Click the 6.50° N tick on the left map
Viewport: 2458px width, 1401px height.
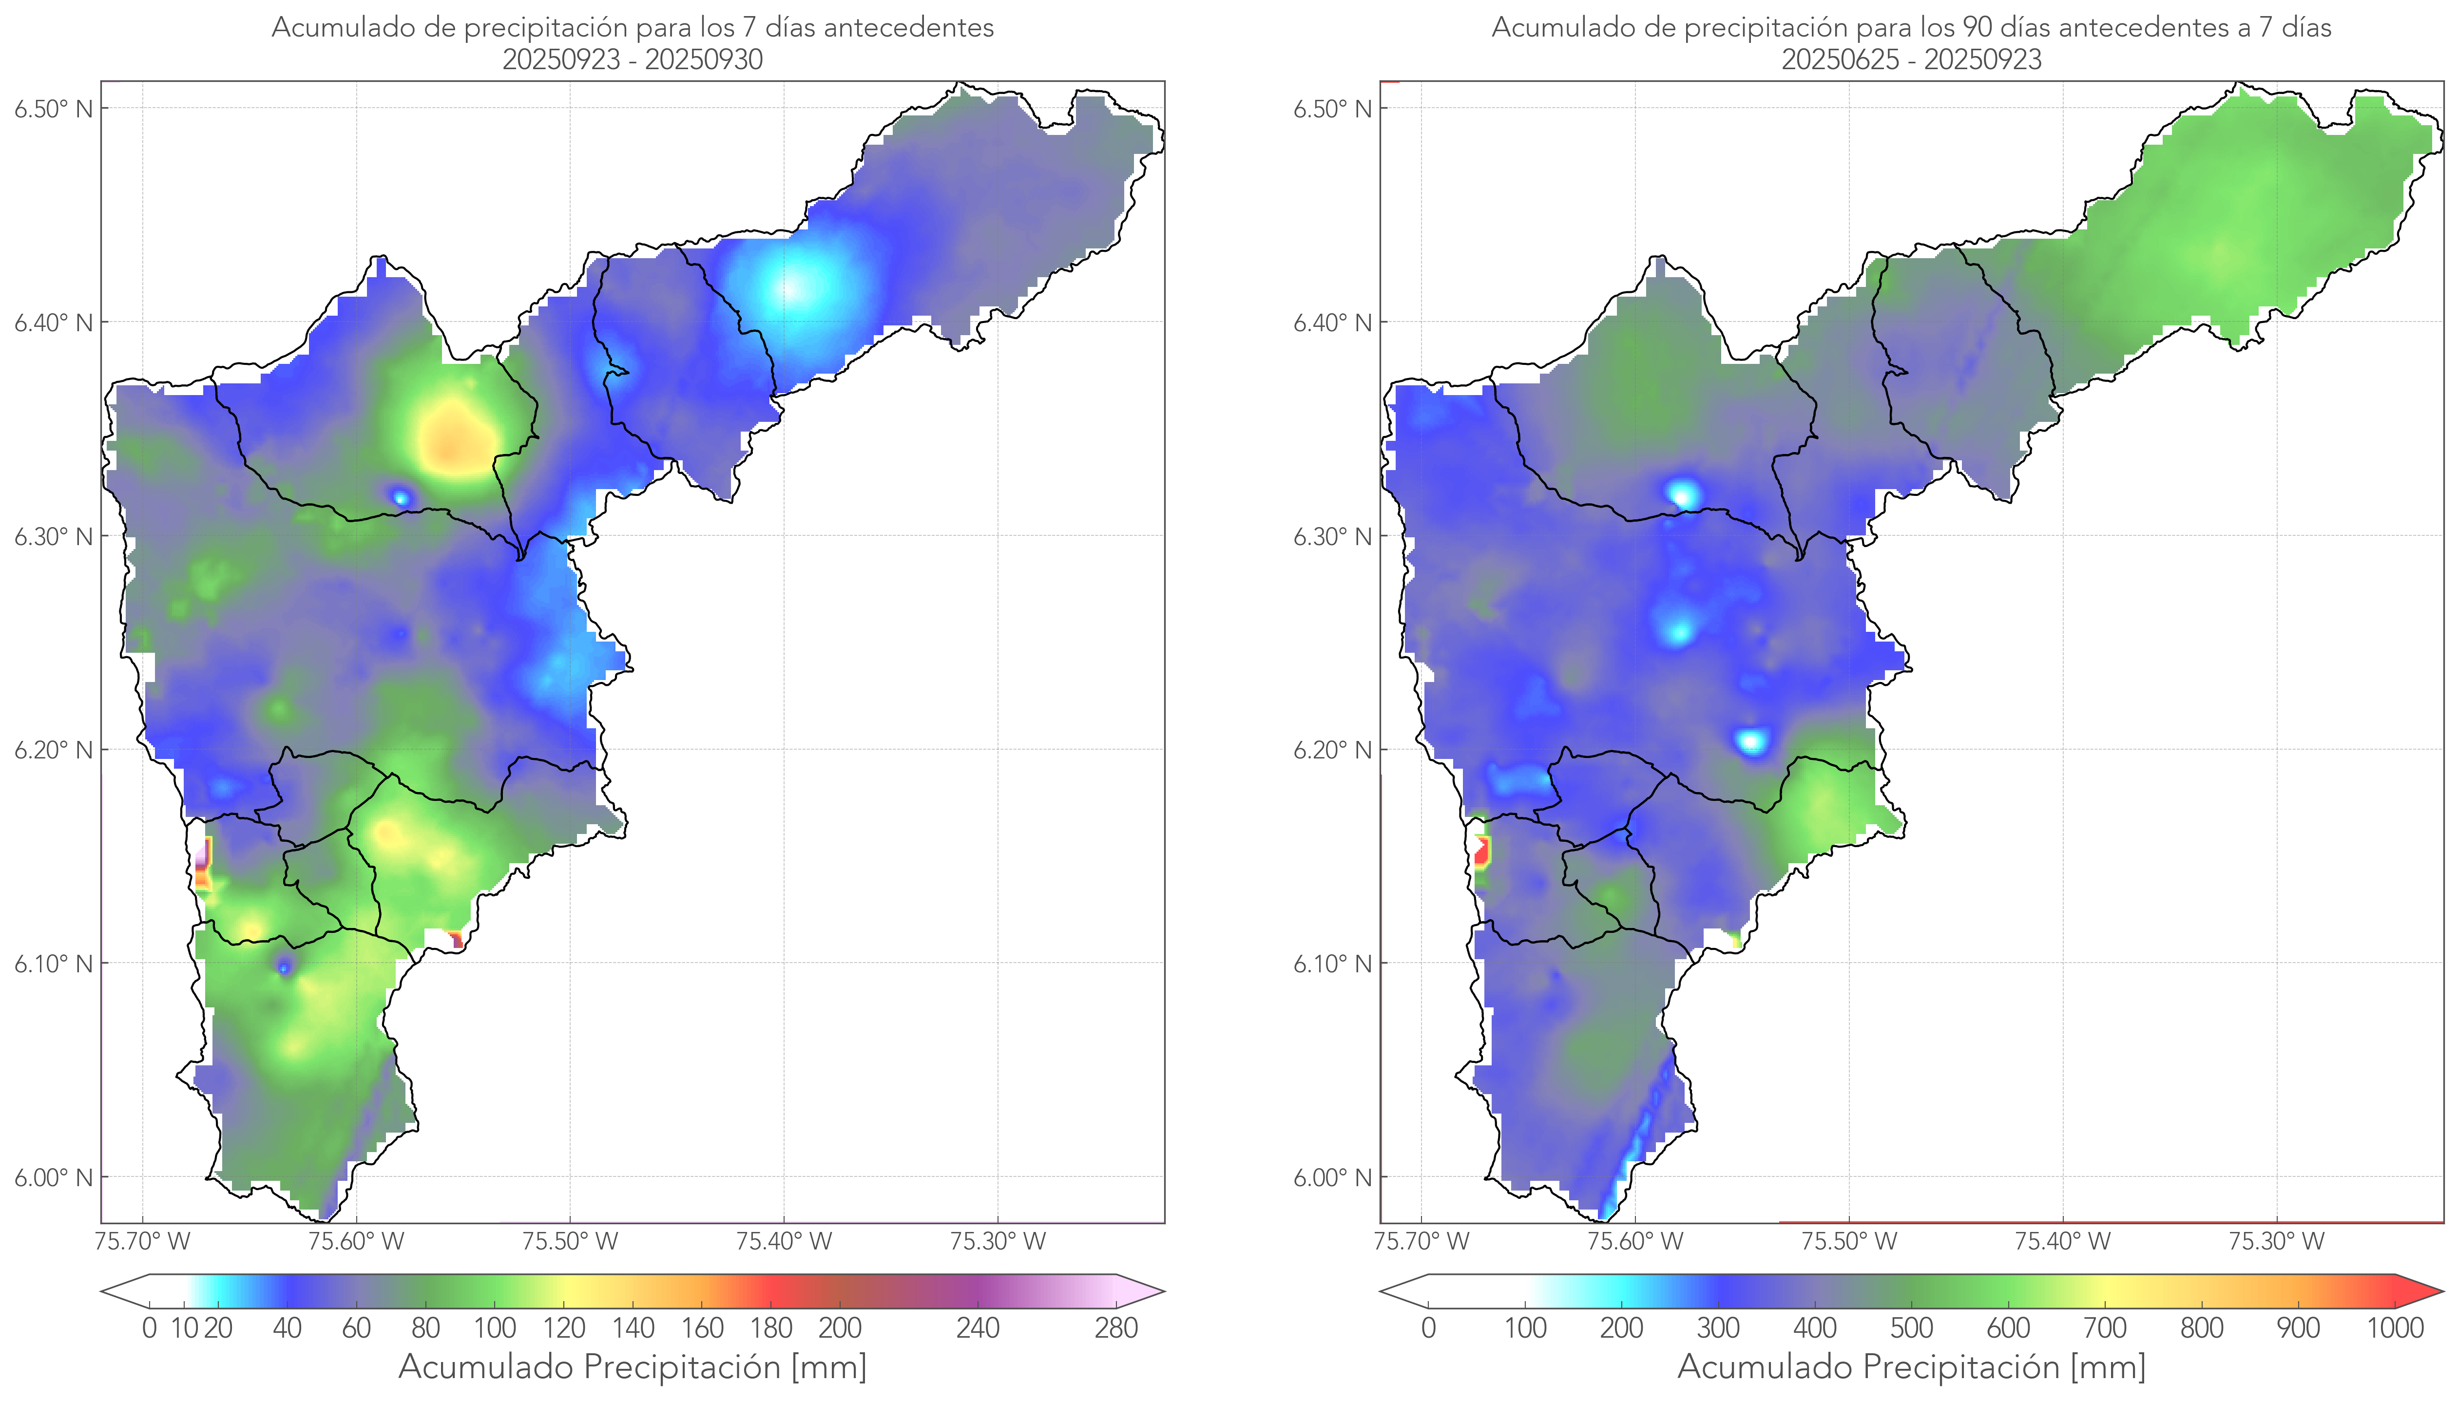[x=54, y=109]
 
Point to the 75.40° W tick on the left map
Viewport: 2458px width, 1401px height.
[x=784, y=1241]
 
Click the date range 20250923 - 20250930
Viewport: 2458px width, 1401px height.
[x=633, y=59]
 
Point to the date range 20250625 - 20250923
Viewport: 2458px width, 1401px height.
[x=1911, y=59]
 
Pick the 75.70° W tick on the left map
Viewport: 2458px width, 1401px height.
[x=142, y=1241]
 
